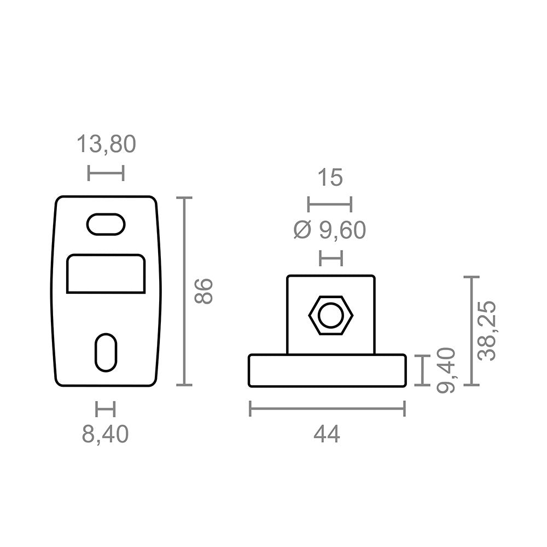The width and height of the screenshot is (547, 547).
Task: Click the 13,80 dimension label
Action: coord(106,144)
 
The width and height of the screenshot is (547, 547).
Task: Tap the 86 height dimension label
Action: coord(203,292)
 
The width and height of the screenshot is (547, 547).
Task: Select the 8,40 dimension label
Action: coord(106,434)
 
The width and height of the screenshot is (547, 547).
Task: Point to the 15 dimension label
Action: coord(330,177)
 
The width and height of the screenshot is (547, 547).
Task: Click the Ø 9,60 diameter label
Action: coord(330,230)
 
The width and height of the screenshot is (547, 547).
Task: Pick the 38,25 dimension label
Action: coord(486,330)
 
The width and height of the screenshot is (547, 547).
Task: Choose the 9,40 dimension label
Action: coord(446,370)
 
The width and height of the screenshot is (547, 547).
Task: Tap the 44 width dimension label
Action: coord(327,435)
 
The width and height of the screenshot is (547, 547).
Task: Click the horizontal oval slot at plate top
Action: coord(106,224)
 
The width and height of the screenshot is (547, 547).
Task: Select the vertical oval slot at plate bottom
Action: coord(106,353)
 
